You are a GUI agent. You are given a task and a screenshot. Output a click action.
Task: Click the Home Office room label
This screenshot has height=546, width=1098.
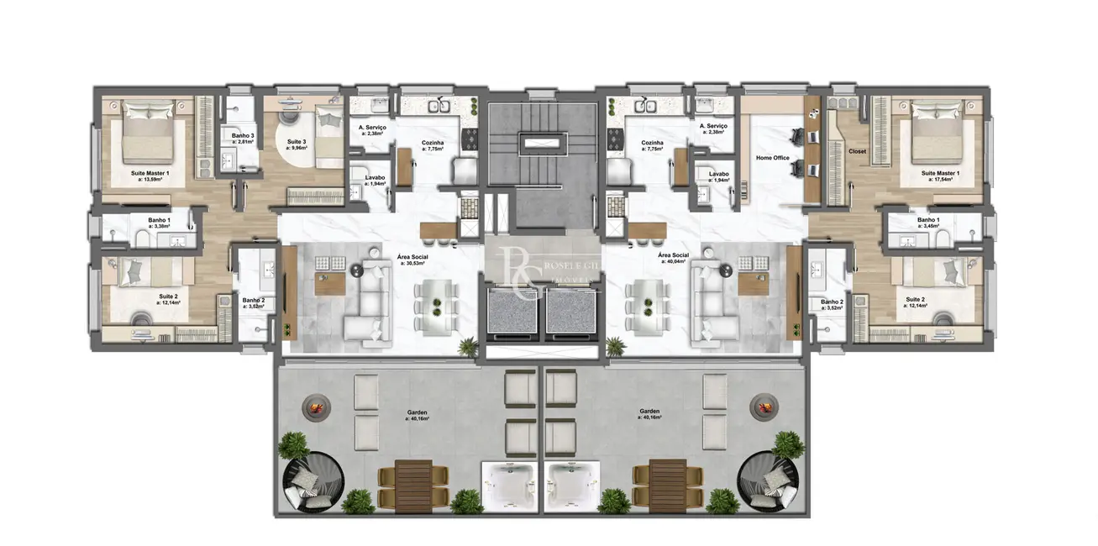point(772,158)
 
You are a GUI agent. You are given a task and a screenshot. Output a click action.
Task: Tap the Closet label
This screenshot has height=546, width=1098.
point(857,152)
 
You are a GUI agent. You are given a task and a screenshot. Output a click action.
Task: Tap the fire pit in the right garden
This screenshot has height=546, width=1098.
point(766,407)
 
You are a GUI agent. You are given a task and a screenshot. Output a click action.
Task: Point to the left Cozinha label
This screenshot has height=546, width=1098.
point(433,143)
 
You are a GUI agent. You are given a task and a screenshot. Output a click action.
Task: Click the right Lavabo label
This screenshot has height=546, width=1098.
point(719,175)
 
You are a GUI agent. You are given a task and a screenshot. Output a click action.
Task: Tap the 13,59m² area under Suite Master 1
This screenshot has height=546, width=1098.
point(150,179)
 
